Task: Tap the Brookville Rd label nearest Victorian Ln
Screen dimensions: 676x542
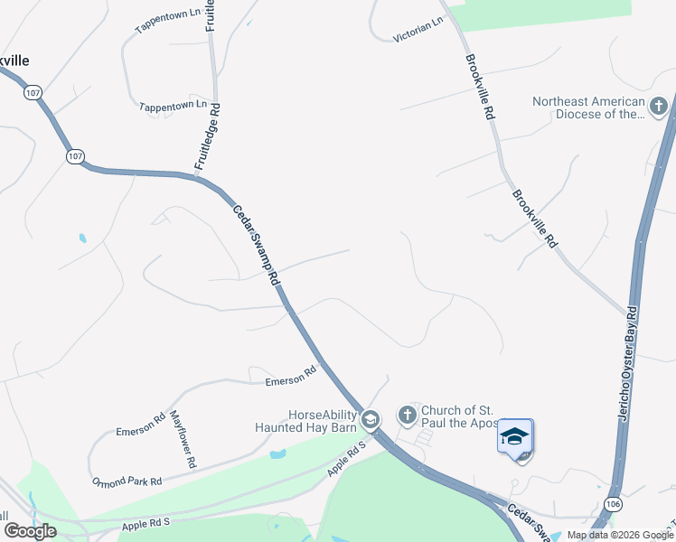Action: [x=479, y=87]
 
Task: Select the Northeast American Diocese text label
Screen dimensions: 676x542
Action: [x=588, y=107]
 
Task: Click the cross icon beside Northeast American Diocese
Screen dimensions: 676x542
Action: [x=658, y=107]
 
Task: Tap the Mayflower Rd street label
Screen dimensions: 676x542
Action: [x=183, y=439]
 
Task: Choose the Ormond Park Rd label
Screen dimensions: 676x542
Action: [x=127, y=481]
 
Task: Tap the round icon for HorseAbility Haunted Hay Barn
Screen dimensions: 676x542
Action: [x=370, y=420]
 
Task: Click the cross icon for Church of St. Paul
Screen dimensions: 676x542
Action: [x=408, y=416]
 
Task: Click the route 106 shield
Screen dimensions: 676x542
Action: [x=614, y=503]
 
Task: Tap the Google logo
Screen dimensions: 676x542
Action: [x=30, y=531]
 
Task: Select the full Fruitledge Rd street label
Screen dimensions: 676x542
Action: [x=207, y=136]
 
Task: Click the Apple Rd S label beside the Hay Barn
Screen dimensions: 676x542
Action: [x=347, y=459]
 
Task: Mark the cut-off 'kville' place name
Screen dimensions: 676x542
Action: [x=14, y=60]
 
